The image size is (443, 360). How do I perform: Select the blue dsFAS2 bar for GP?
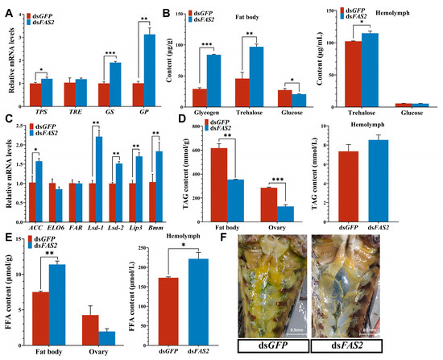tap(125, 64)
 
